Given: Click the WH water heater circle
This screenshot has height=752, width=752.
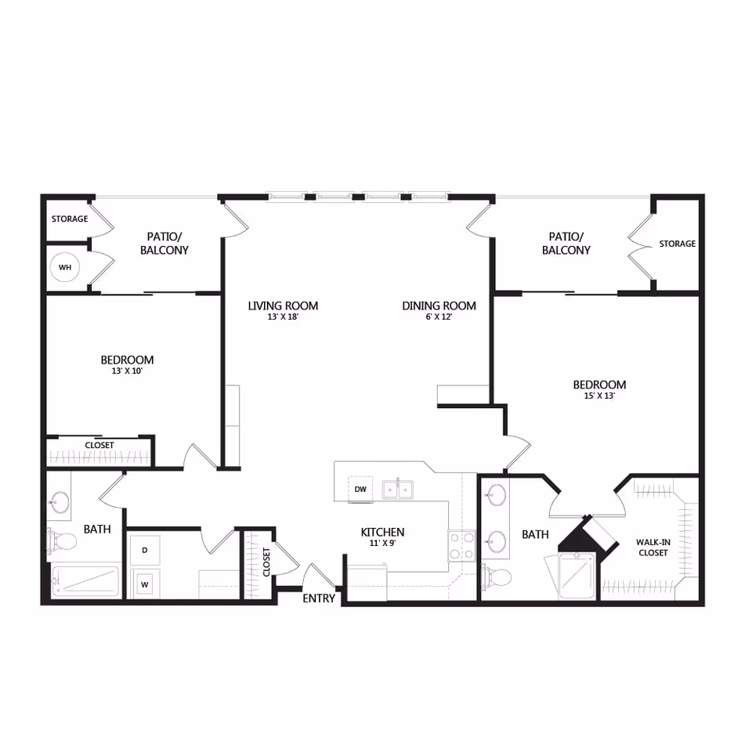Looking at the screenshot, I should pyautogui.click(x=65, y=268).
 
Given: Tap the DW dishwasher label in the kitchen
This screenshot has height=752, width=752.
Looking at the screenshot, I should pyautogui.click(x=360, y=490).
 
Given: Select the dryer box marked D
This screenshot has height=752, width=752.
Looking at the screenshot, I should pyautogui.click(x=144, y=551).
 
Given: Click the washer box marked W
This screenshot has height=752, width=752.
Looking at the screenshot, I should pyautogui.click(x=144, y=584).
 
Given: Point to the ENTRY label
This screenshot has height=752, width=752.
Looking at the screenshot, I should pyautogui.click(x=320, y=598).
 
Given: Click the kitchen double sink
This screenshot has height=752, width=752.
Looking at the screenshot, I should pyautogui.click(x=398, y=490).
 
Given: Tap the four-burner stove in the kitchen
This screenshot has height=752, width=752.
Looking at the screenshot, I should pyautogui.click(x=462, y=545).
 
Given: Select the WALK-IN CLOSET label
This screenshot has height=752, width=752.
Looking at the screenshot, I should pyautogui.click(x=652, y=547).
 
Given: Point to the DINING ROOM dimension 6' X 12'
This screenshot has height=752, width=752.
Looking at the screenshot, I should pyautogui.click(x=439, y=317).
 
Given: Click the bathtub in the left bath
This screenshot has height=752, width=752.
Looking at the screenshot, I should pyautogui.click(x=85, y=582).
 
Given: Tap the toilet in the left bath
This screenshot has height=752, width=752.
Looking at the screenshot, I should pyautogui.click(x=63, y=540).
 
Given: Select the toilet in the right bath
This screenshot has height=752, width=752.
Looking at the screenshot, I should pyautogui.click(x=497, y=577).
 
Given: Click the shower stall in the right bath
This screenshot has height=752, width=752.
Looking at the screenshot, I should pyautogui.click(x=577, y=576).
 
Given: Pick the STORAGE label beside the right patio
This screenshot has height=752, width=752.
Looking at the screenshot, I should pyautogui.click(x=677, y=244).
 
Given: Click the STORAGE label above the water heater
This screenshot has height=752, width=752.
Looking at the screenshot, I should pyautogui.click(x=70, y=219).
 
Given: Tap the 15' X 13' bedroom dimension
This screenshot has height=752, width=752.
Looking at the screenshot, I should pyautogui.click(x=599, y=396).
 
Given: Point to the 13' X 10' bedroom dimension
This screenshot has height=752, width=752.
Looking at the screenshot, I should pyautogui.click(x=127, y=372).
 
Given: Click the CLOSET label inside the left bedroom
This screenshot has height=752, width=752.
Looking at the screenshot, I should pyautogui.click(x=99, y=445).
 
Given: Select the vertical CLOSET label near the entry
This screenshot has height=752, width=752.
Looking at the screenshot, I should pyautogui.click(x=266, y=562).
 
